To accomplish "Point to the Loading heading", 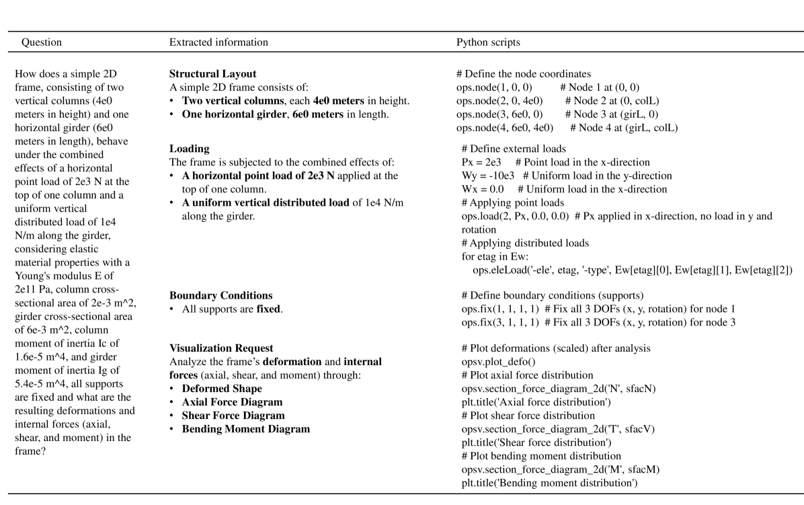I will (189, 149).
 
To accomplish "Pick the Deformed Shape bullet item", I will (222, 389).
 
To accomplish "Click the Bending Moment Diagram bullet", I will (246, 429).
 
